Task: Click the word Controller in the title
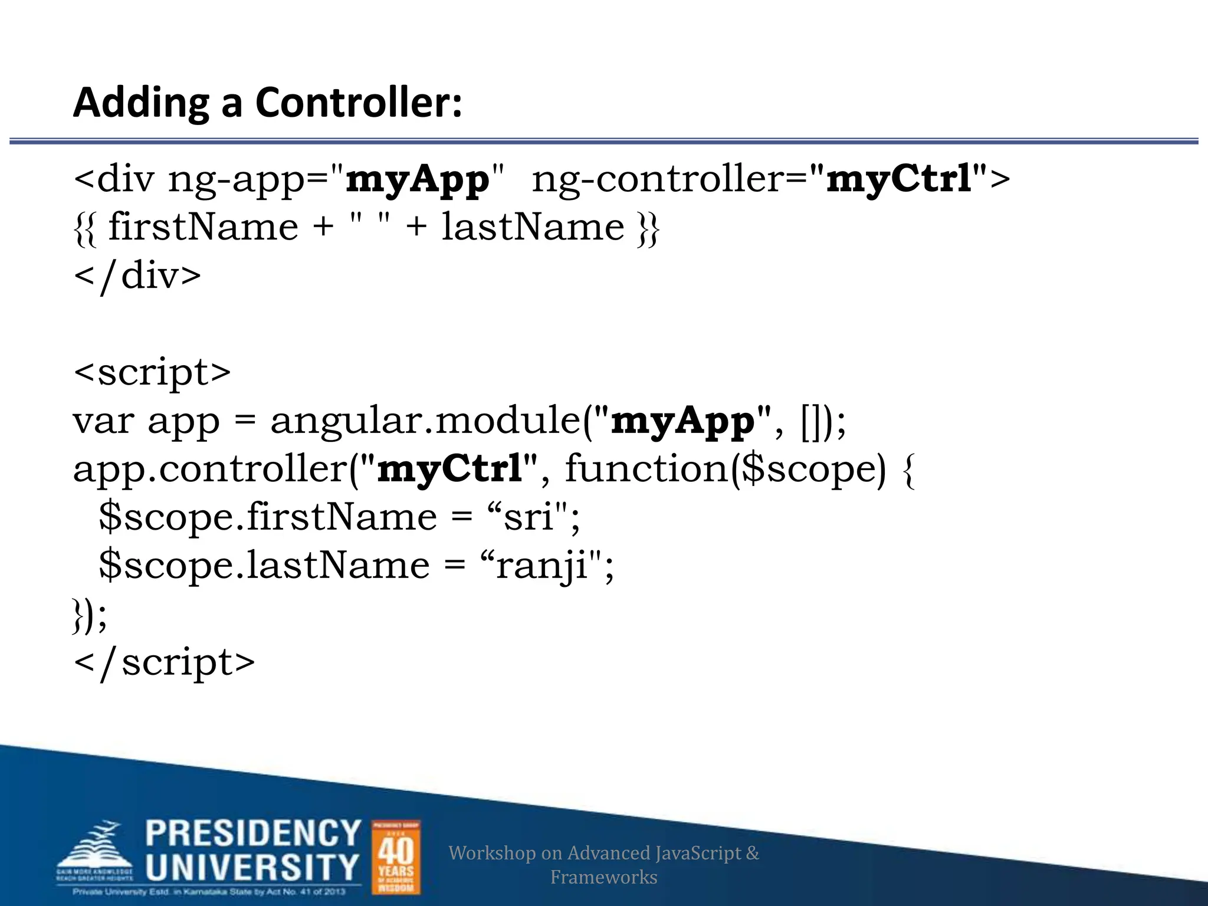pyautogui.click(x=358, y=103)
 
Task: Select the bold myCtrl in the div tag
pyautogui.click(x=899, y=178)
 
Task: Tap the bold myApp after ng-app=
pyautogui.click(x=418, y=179)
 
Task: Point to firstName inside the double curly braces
pyautogui.click(x=203, y=227)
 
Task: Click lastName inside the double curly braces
pyautogui.click(x=533, y=227)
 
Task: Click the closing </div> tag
pyautogui.click(x=137, y=276)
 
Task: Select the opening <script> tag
pyautogui.click(x=152, y=372)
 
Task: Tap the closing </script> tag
pyautogui.click(x=165, y=662)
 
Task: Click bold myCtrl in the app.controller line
pyautogui.click(x=449, y=470)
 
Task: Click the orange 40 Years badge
pyautogui.click(x=396, y=856)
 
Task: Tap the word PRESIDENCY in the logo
pyautogui.click(x=253, y=833)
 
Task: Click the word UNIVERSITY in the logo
pyautogui.click(x=252, y=866)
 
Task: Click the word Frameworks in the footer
pyautogui.click(x=603, y=877)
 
